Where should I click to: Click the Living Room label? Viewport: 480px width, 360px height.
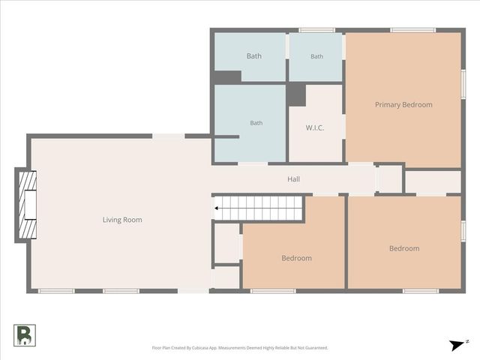coord(122,220)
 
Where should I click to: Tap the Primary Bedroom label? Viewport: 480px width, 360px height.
coord(403,105)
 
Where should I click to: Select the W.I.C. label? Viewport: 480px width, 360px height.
coord(315,127)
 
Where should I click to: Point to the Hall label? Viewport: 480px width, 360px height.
coord(293,179)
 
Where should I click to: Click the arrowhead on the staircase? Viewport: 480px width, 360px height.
coord(216,208)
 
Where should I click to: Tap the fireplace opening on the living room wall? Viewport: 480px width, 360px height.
coord(30,205)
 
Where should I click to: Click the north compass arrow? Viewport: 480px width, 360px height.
coord(457,345)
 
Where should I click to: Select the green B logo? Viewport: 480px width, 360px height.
coord(25,335)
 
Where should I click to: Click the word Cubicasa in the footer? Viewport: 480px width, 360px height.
coord(200,348)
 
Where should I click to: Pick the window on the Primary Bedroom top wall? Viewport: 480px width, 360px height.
coord(412,30)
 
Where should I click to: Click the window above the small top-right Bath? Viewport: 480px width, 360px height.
coord(316,30)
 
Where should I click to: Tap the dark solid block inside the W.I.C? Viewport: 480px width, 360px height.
coord(296,94)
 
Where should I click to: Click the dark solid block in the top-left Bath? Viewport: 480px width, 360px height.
coord(227,77)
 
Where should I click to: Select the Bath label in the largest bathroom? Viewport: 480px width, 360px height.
coord(256,123)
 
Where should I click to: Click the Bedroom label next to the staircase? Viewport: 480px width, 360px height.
coord(297,258)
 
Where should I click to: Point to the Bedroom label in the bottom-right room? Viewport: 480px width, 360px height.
coord(404,248)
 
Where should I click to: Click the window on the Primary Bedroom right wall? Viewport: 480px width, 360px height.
coord(463,84)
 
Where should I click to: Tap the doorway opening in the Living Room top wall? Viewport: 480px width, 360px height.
coord(168,136)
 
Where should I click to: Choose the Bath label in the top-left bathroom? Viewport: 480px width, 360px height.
coord(254,56)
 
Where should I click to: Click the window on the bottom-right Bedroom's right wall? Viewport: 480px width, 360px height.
coord(463,231)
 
